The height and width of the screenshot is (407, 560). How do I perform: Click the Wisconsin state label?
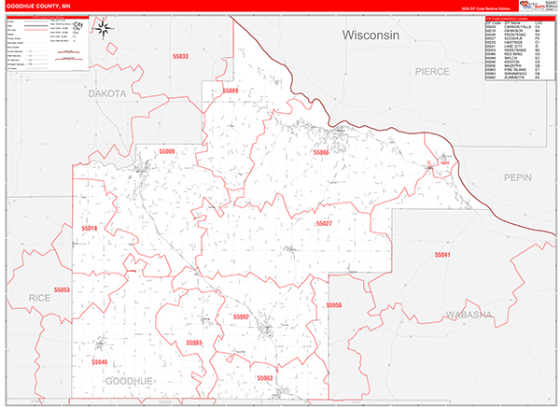[x=371, y=35]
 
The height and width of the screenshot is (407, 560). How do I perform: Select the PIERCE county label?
[x=433, y=71]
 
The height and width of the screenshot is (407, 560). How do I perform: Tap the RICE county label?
[x=39, y=297]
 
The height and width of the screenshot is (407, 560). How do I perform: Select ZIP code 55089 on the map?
[x=231, y=91]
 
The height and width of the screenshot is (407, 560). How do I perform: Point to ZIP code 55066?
[x=321, y=151]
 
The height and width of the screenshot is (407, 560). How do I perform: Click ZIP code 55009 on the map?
[x=167, y=150]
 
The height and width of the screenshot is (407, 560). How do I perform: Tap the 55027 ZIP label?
[x=324, y=224]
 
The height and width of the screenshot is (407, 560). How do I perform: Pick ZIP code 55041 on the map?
[x=441, y=255]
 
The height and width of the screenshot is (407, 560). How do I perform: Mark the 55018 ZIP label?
[x=90, y=228]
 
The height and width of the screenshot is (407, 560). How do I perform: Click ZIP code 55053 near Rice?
[x=62, y=290]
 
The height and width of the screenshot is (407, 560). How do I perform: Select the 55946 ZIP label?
[x=100, y=361]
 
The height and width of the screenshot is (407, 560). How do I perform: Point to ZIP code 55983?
[x=194, y=343]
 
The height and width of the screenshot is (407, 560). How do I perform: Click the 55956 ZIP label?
[x=334, y=305]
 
